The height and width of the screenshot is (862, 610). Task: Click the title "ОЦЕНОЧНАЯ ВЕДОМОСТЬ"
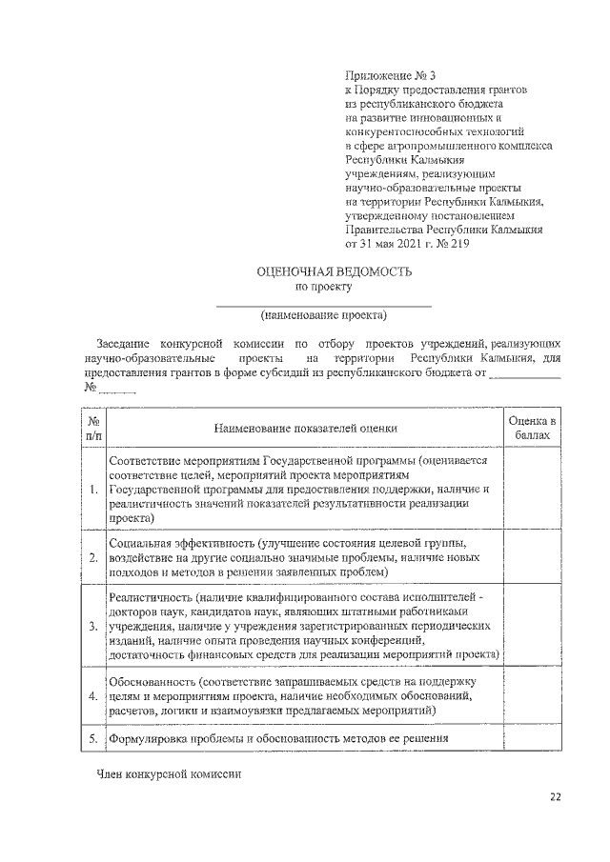tap(334, 271)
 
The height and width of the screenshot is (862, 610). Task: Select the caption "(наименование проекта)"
tap(323, 315)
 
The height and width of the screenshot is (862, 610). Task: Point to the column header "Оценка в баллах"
tap(532, 426)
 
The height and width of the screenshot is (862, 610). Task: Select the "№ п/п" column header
tap(93, 426)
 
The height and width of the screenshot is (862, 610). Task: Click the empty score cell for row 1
tap(532, 489)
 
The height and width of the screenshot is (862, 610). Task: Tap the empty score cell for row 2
tap(532, 557)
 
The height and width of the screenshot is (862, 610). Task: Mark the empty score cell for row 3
tap(532, 625)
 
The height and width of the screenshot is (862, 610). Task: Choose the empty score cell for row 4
tap(532, 696)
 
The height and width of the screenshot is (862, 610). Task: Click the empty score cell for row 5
tap(532, 738)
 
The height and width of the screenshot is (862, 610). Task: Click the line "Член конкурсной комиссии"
tap(170, 774)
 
